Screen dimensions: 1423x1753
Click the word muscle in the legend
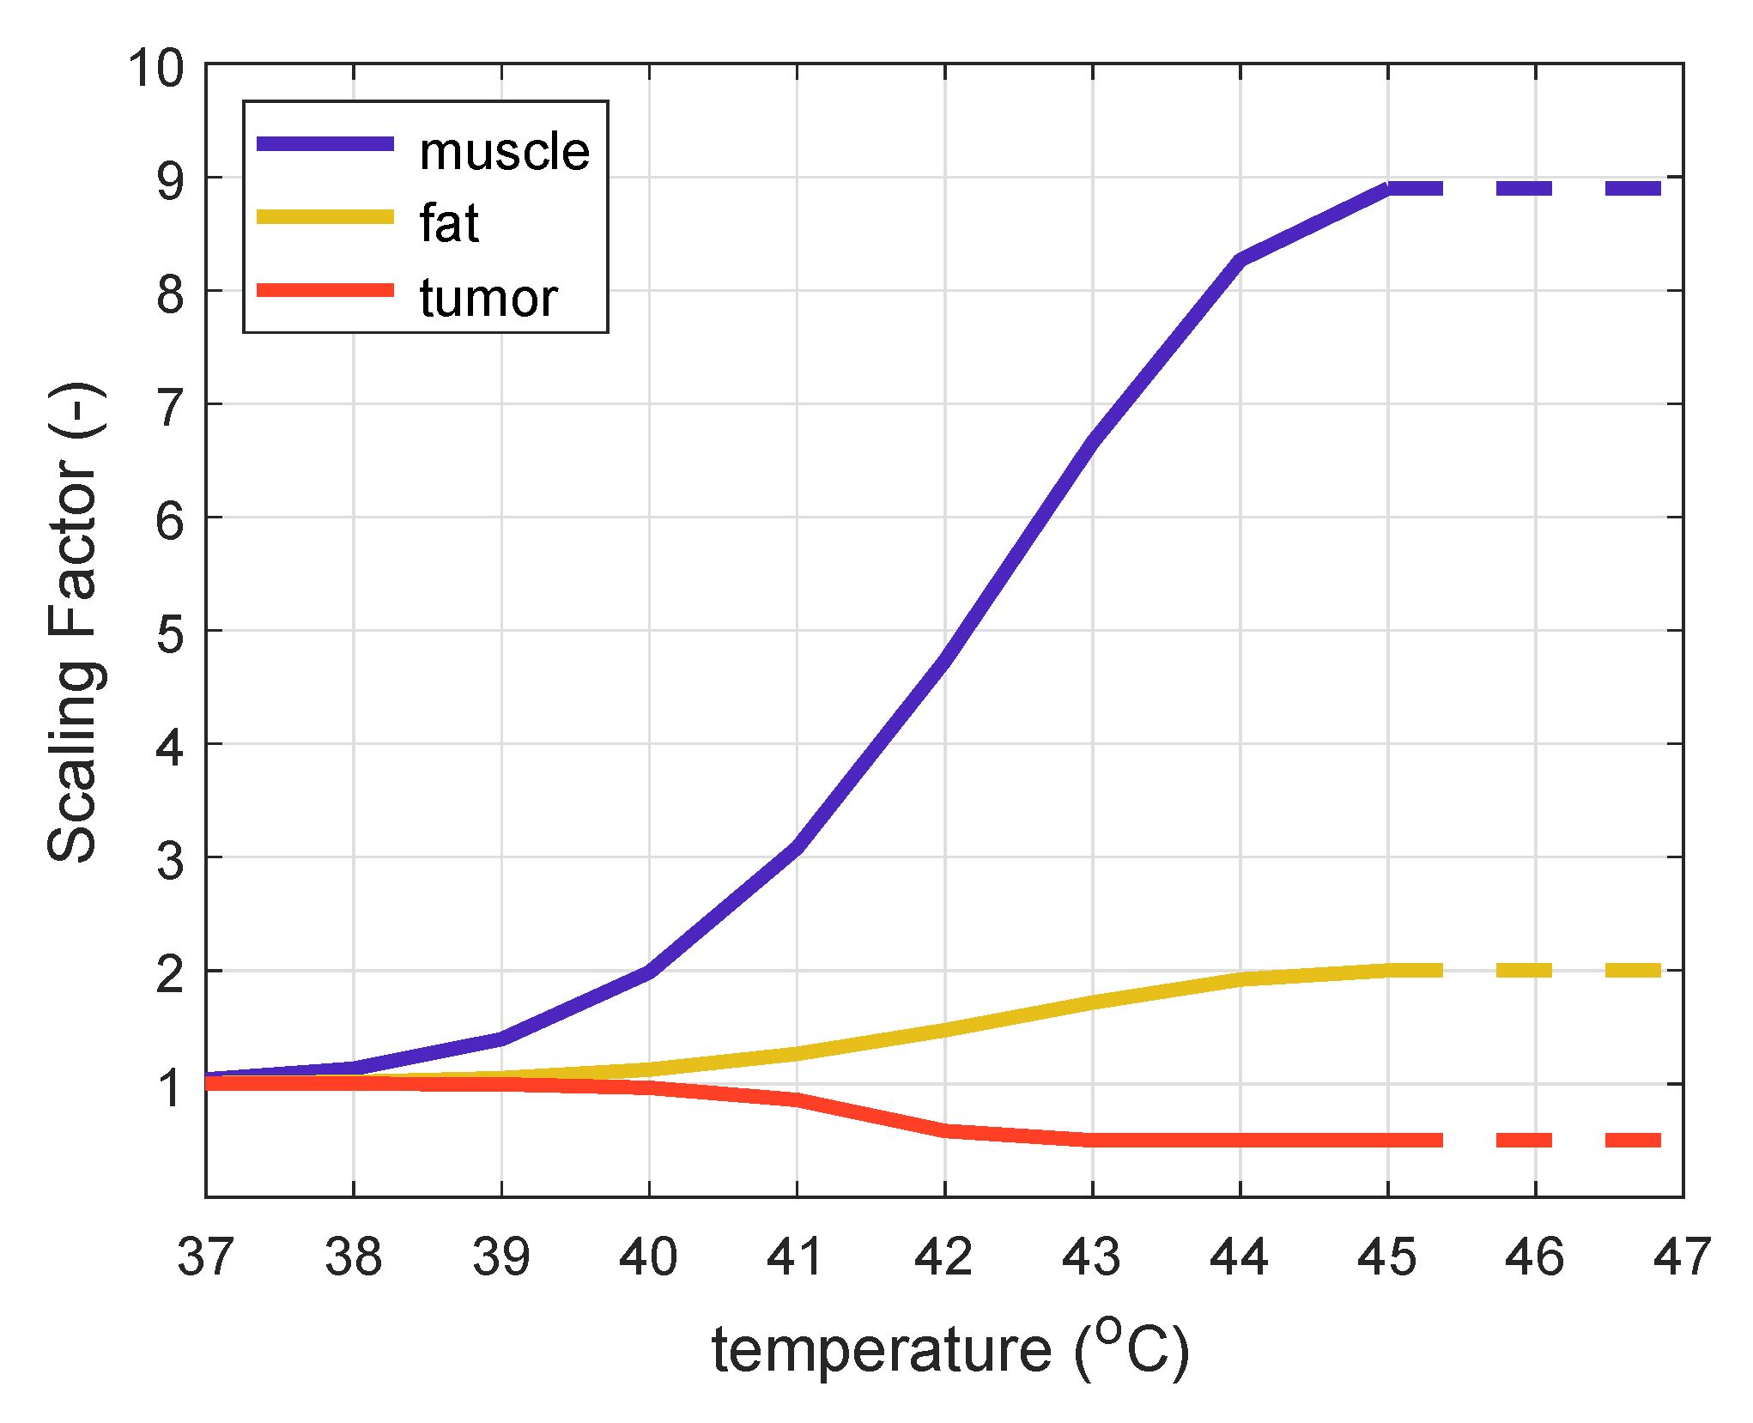[x=504, y=152]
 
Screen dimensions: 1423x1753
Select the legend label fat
[x=449, y=224]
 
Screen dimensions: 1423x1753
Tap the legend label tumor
[x=488, y=299]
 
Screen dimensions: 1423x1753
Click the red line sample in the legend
[x=325, y=291]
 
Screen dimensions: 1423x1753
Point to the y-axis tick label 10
[x=156, y=68]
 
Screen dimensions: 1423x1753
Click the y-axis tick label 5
[x=170, y=634]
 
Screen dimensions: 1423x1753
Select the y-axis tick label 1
[x=170, y=1087]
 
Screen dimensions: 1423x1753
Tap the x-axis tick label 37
[x=205, y=1256]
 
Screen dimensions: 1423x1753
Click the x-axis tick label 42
[x=943, y=1256]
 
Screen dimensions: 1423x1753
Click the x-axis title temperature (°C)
[x=950, y=1350]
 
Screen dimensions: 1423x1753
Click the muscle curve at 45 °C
[x=1388, y=188]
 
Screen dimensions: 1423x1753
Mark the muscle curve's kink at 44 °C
[x=1240, y=260]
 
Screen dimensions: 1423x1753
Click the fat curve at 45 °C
[x=1388, y=970]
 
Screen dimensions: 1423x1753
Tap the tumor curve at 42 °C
[x=945, y=1130]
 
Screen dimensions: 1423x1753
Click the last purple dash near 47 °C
[x=1634, y=188]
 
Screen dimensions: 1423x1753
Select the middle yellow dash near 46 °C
[x=1524, y=970]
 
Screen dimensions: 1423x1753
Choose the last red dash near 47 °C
[x=1634, y=1140]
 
